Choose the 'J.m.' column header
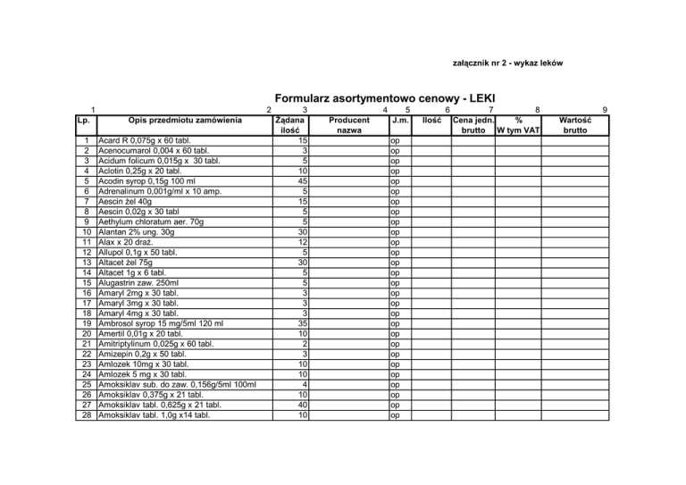tap(400, 119)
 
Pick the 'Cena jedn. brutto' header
tap(473, 124)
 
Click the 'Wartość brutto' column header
tap(573, 124)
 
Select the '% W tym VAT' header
tap(518, 124)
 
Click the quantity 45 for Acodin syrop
tap(303, 181)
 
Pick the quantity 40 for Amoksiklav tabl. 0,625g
tap(303, 405)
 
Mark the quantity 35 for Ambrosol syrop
tap(303, 323)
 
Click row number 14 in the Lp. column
tap(82, 272)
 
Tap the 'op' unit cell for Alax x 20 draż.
tap(396, 242)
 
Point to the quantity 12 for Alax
tap(303, 242)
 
